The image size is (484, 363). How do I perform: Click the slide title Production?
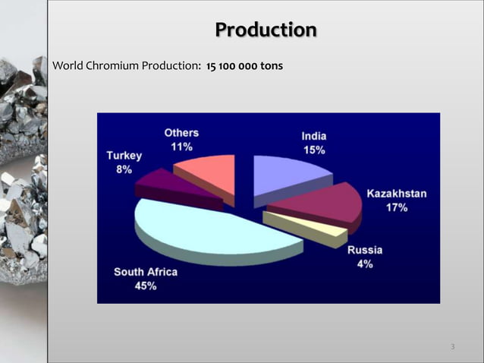(266, 30)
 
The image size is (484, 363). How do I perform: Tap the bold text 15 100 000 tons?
(244, 68)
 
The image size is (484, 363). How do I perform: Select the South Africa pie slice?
(205, 227)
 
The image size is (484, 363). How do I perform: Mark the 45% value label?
(146, 286)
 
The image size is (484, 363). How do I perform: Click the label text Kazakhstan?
(396, 194)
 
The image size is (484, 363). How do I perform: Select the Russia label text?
(365, 250)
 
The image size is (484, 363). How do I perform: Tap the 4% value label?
(365, 263)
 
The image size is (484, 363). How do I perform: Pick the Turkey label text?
(124, 156)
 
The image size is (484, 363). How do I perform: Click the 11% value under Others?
(181, 147)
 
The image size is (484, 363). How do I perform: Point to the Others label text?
(182, 134)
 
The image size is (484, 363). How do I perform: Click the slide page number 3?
(452, 347)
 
